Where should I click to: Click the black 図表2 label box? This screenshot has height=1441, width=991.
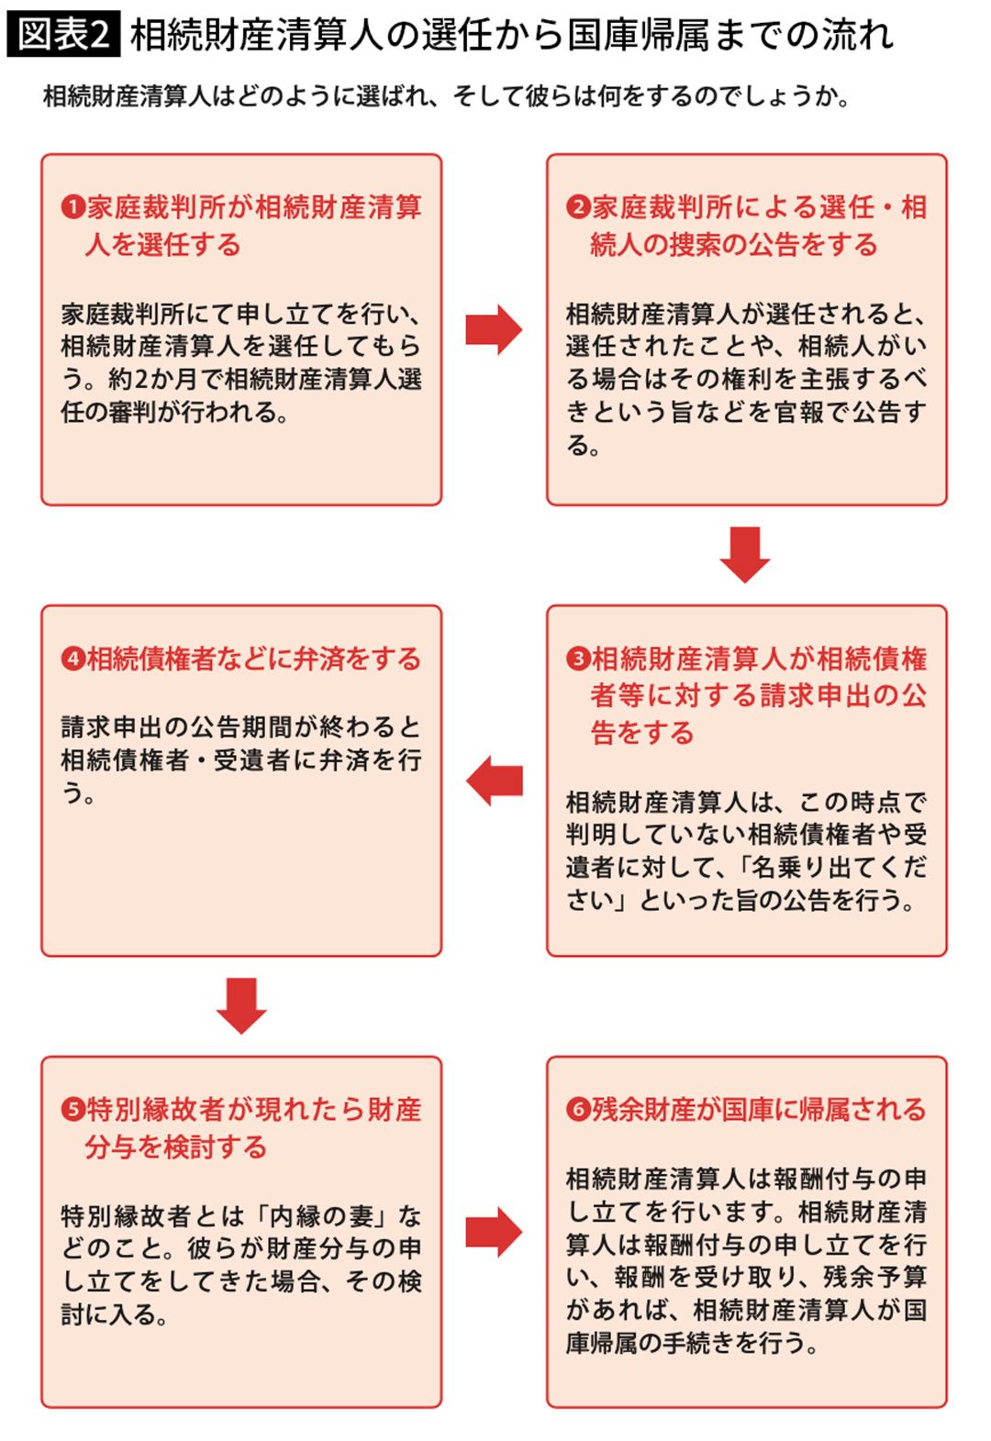pyautogui.click(x=63, y=36)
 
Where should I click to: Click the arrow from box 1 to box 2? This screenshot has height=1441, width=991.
pyautogui.click(x=494, y=329)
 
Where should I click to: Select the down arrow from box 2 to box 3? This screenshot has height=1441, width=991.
pyautogui.click(x=745, y=554)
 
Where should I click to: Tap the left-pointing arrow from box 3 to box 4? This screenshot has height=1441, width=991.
pyautogui.click(x=495, y=781)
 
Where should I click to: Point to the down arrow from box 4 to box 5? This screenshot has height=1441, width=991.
pyautogui.click(x=241, y=1005)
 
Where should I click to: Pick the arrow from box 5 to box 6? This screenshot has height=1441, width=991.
pyautogui.click(x=494, y=1232)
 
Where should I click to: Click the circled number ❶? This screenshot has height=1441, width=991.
pyautogui.click(x=73, y=208)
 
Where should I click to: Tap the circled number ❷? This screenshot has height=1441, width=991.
pyautogui.click(x=578, y=208)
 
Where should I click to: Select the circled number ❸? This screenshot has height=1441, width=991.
pyautogui.click(x=578, y=660)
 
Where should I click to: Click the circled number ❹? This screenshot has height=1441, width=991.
pyautogui.click(x=73, y=660)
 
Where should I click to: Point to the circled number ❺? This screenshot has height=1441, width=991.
pyautogui.click(x=73, y=1111)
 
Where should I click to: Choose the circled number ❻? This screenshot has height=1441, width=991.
pyautogui.click(x=578, y=1111)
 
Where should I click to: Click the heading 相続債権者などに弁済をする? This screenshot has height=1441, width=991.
pyautogui.click(x=253, y=660)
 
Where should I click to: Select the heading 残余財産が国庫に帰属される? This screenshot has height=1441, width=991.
pyautogui.click(x=758, y=1111)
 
